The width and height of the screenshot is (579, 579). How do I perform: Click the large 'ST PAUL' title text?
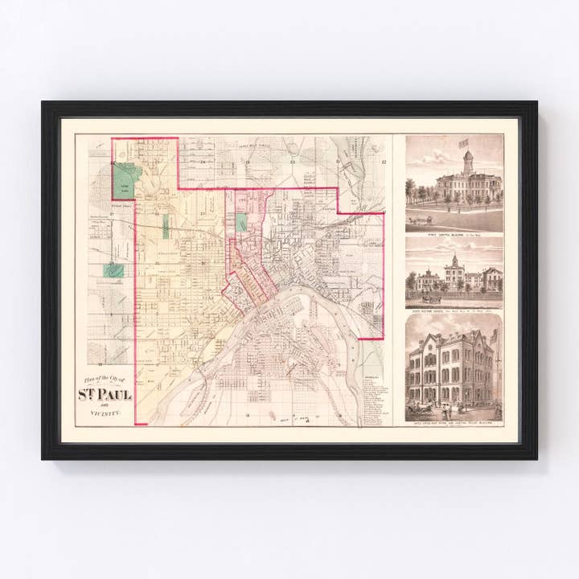[105, 394]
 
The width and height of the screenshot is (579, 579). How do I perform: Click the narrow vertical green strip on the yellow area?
[166, 226]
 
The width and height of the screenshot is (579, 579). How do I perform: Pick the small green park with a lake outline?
[113, 271]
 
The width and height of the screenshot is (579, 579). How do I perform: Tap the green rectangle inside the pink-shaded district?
[240, 223]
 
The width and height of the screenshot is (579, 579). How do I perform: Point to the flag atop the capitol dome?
[463, 143]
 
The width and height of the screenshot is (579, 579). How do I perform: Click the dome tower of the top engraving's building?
[467, 162]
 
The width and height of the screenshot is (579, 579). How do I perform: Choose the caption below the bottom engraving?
[454, 421]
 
